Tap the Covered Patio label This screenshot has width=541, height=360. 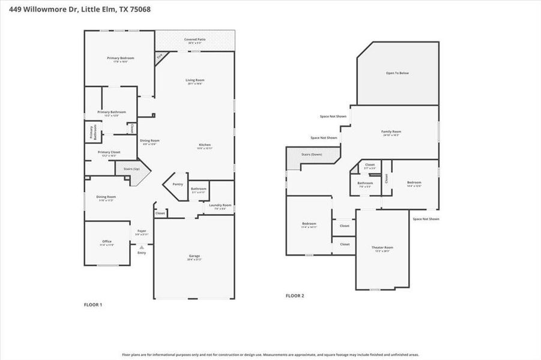coord(195,40)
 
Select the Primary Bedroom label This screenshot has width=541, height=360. coord(120,59)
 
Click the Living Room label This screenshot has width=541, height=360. coord(195,81)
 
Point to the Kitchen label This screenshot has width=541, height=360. coord(205,146)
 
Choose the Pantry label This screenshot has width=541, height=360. coord(177,184)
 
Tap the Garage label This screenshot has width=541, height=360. coord(195,257)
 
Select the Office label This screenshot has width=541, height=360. coord(106,242)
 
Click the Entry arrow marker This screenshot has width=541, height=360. coord(142,247)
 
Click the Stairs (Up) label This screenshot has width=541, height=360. coord(131,169)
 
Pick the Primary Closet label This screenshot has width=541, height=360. coord(109,153)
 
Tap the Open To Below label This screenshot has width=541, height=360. coord(397,73)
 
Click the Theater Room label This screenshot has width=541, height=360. coord(382,248)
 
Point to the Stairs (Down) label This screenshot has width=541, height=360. coord(312,154)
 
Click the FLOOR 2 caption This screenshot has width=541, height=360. coord(294,296)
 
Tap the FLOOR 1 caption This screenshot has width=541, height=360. coord(92,305)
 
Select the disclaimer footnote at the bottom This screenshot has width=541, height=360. coord(270,355)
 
